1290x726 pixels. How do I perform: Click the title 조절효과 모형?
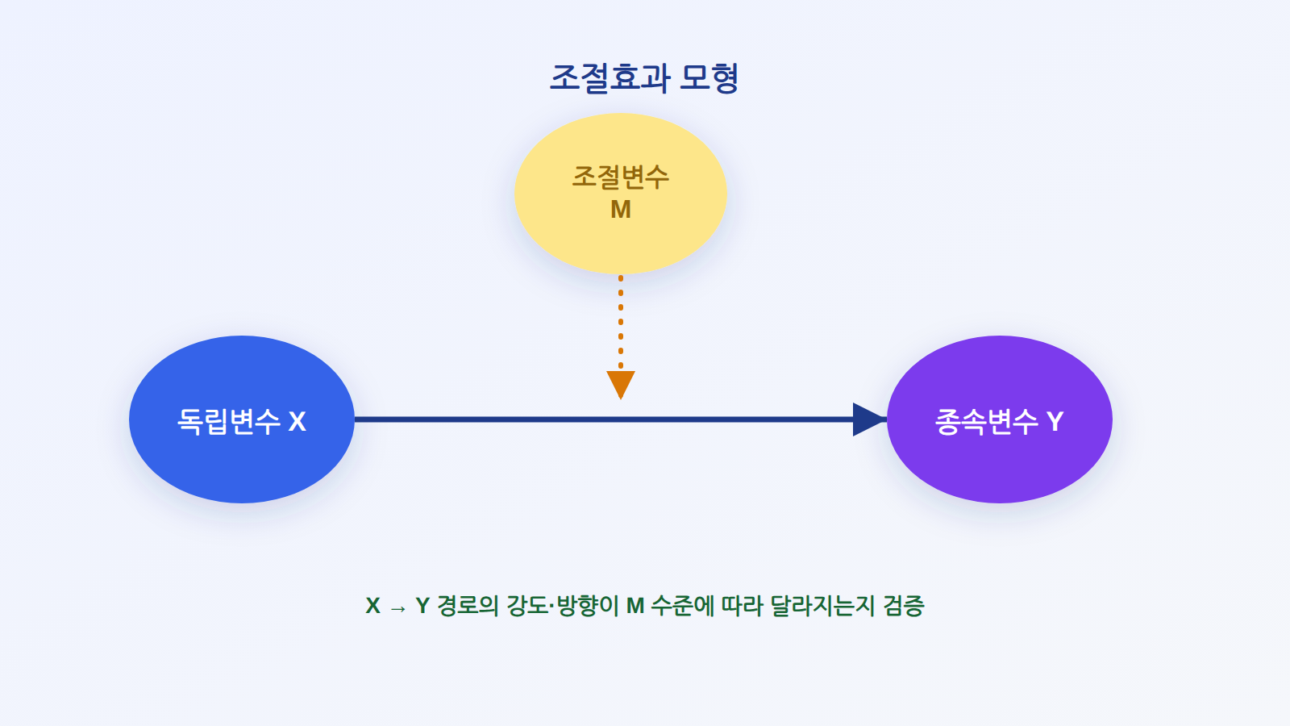[644, 77]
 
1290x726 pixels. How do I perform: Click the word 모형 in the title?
[709, 77]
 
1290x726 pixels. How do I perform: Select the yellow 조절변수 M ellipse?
[620, 194]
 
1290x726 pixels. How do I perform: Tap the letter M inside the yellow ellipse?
[620, 210]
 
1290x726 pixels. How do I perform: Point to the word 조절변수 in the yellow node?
[620, 177]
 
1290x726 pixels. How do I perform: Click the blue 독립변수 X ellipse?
[241, 419]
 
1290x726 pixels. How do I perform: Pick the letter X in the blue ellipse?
[297, 422]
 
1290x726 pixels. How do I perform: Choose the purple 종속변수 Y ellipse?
[999, 419]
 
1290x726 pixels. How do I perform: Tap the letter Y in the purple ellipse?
[1055, 422]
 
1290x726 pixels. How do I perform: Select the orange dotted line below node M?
[620, 323]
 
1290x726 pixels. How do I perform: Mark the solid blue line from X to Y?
[604, 419]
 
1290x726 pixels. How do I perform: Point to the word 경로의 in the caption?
[468, 606]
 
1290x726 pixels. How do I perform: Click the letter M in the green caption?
[635, 606]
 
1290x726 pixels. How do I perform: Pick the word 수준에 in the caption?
[682, 606]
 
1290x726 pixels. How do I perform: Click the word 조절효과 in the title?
[610, 77]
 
